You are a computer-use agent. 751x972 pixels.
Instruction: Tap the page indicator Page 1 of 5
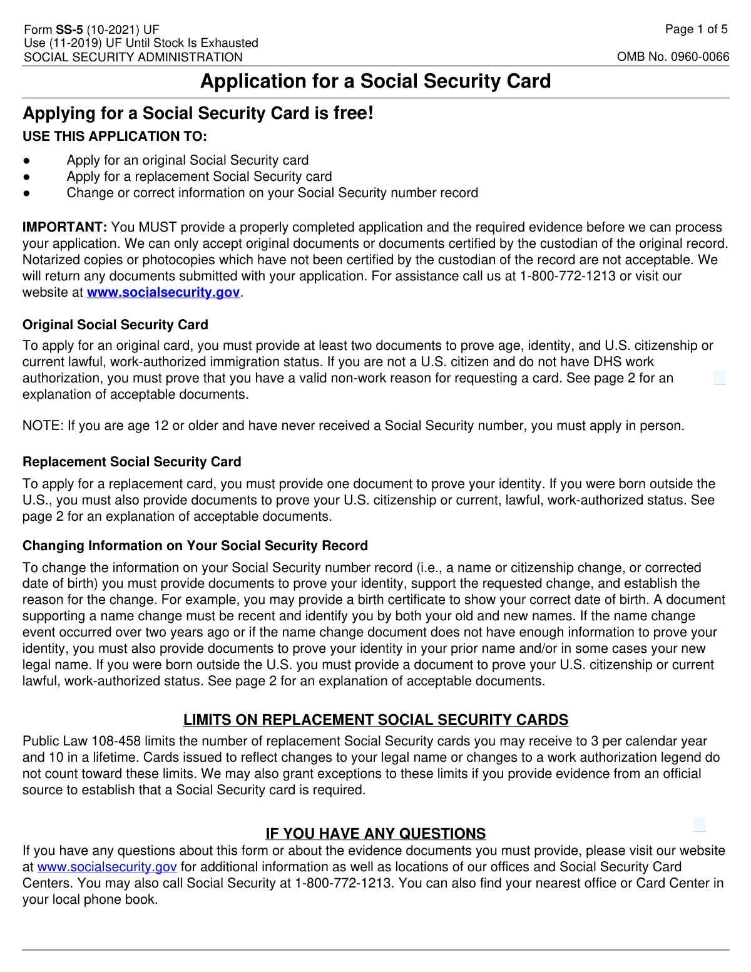(x=696, y=29)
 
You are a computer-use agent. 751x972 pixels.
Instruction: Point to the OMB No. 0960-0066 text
(x=673, y=57)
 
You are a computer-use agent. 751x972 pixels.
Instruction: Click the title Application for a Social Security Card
(x=375, y=81)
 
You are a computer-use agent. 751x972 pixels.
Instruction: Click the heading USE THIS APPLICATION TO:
(x=115, y=136)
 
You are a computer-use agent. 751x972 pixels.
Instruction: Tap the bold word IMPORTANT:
(x=65, y=227)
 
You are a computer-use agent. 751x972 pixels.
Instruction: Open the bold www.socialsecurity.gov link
(x=163, y=292)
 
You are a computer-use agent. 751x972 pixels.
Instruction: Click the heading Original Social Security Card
(x=115, y=325)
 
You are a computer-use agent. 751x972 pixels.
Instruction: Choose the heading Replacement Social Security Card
(x=131, y=462)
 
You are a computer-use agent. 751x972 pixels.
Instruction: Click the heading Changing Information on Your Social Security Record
(x=195, y=546)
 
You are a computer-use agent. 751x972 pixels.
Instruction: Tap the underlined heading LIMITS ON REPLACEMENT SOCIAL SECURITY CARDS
(x=375, y=720)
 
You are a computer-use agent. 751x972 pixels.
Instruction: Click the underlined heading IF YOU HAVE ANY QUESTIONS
(x=375, y=834)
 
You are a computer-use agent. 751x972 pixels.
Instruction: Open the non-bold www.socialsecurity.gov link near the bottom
(x=107, y=867)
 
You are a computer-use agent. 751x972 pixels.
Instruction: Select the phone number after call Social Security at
(x=344, y=884)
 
